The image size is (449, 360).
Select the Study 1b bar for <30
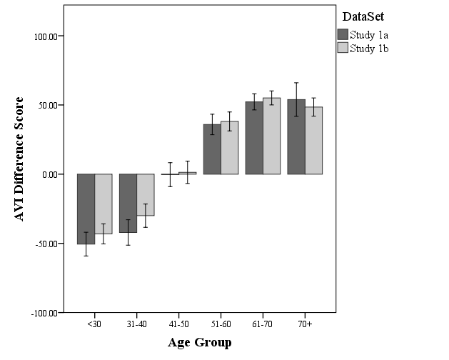click(104, 204)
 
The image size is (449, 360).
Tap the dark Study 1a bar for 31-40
click(128, 203)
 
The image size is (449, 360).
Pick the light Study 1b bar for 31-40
click(146, 194)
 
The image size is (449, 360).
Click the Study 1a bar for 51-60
click(212, 149)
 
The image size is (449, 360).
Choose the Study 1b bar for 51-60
click(229, 148)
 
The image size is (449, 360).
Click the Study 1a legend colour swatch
click(342, 34)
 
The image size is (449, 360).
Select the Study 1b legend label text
click(369, 49)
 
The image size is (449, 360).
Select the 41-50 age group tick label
click(178, 324)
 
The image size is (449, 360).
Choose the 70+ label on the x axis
click(305, 324)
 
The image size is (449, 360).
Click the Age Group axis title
click(199, 343)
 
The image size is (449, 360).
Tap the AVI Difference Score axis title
click(20, 159)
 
